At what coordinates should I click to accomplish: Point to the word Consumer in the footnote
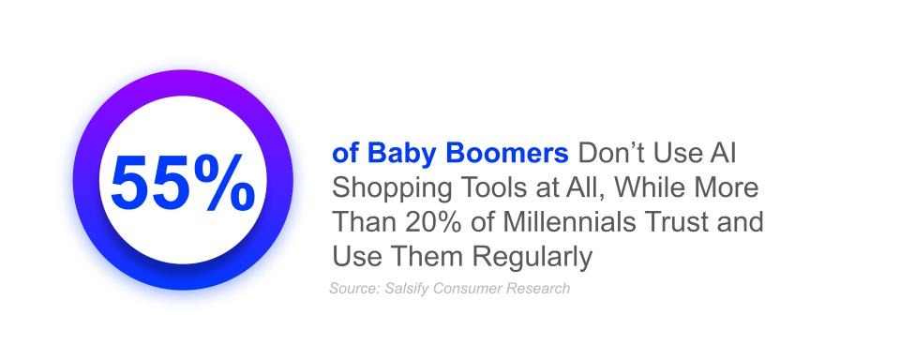click(x=466, y=288)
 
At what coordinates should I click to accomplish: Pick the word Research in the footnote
click(x=536, y=288)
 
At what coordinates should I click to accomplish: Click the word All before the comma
click(x=589, y=187)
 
